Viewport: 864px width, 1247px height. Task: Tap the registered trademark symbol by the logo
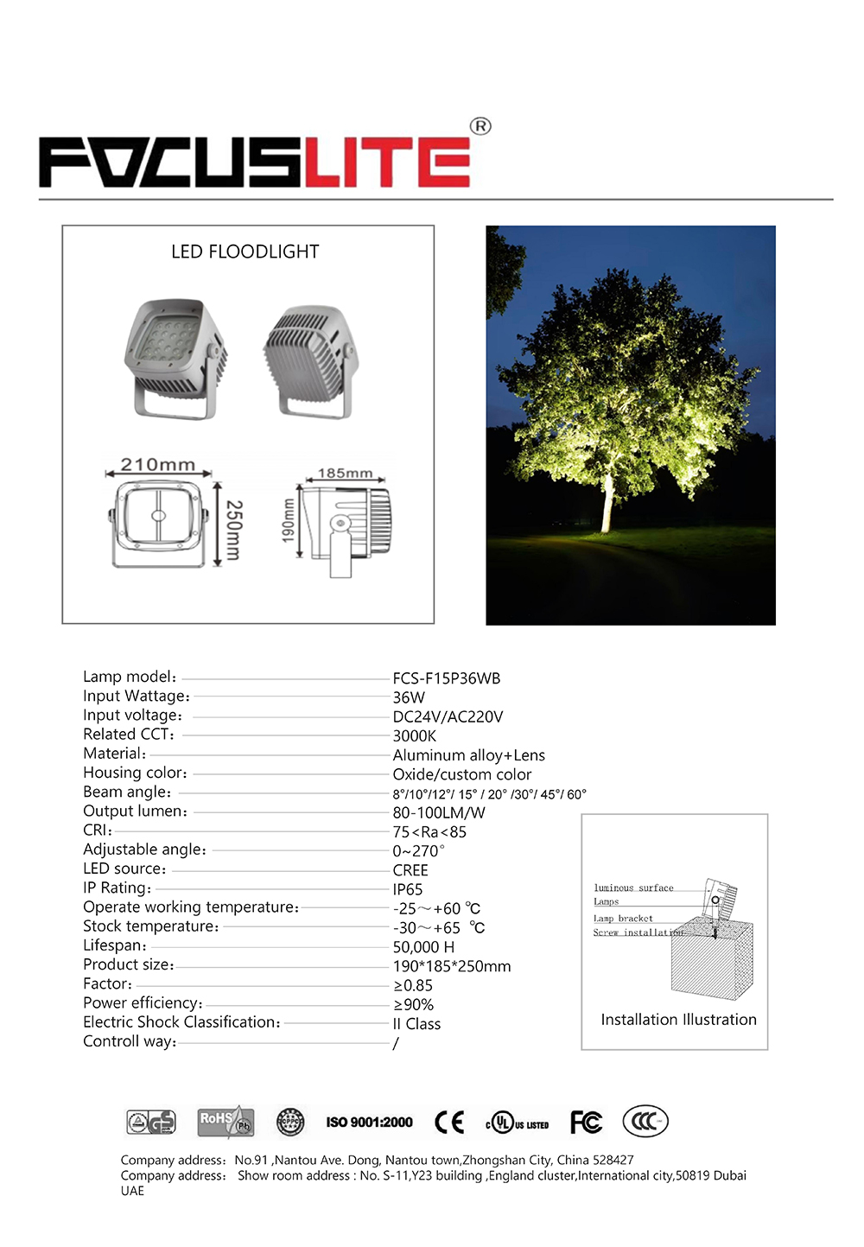click(x=480, y=126)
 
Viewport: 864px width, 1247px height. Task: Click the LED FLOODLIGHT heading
click(x=245, y=251)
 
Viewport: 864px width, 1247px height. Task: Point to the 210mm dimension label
click(x=157, y=465)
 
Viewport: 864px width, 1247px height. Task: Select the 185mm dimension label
click(x=345, y=473)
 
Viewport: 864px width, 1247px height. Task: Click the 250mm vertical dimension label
click(x=233, y=530)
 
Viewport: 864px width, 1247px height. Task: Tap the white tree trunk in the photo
click(x=607, y=506)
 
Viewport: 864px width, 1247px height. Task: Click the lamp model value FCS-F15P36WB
click(x=447, y=678)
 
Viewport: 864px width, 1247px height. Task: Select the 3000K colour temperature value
click(x=415, y=736)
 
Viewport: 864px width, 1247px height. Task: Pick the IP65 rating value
click(x=408, y=889)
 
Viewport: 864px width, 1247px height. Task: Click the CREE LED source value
click(x=410, y=870)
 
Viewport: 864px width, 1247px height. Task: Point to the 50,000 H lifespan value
click(x=423, y=947)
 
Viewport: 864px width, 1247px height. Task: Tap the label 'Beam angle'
click(x=127, y=792)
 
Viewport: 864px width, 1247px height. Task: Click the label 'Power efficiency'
click(x=143, y=1003)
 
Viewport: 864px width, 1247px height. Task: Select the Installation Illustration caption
click(x=678, y=1020)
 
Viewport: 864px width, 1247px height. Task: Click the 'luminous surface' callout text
click(x=633, y=888)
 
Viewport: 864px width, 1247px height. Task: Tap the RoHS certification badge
click(x=226, y=1122)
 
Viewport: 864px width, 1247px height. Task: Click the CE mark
click(x=449, y=1122)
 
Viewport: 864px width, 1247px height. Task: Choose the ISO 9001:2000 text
click(x=369, y=1123)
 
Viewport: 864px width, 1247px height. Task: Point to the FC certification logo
click(x=586, y=1122)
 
